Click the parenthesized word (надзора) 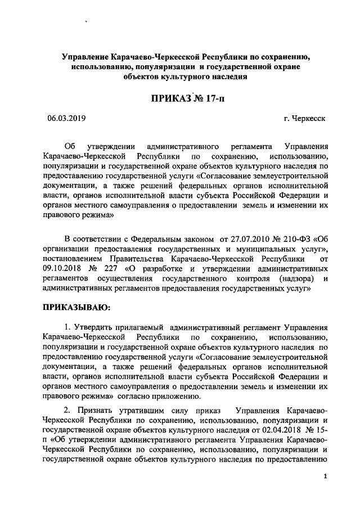(288, 278)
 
